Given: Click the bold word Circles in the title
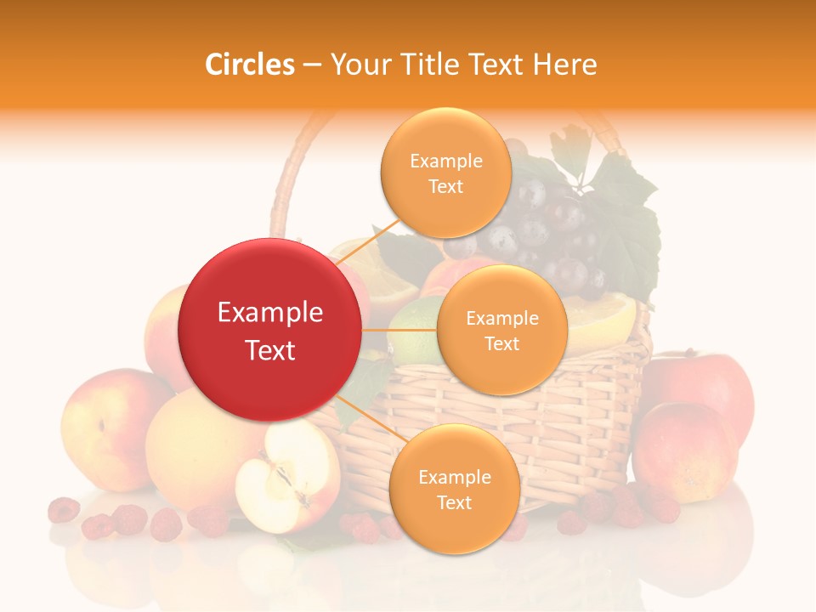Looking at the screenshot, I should click(249, 65).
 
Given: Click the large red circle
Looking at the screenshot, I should click(269, 330).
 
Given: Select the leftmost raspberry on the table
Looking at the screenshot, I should click(63, 510).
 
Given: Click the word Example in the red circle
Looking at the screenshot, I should click(269, 313).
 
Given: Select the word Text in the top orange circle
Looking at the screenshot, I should click(445, 187).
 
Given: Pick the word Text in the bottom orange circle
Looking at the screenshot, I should click(454, 503).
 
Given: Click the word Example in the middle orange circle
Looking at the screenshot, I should click(501, 319).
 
